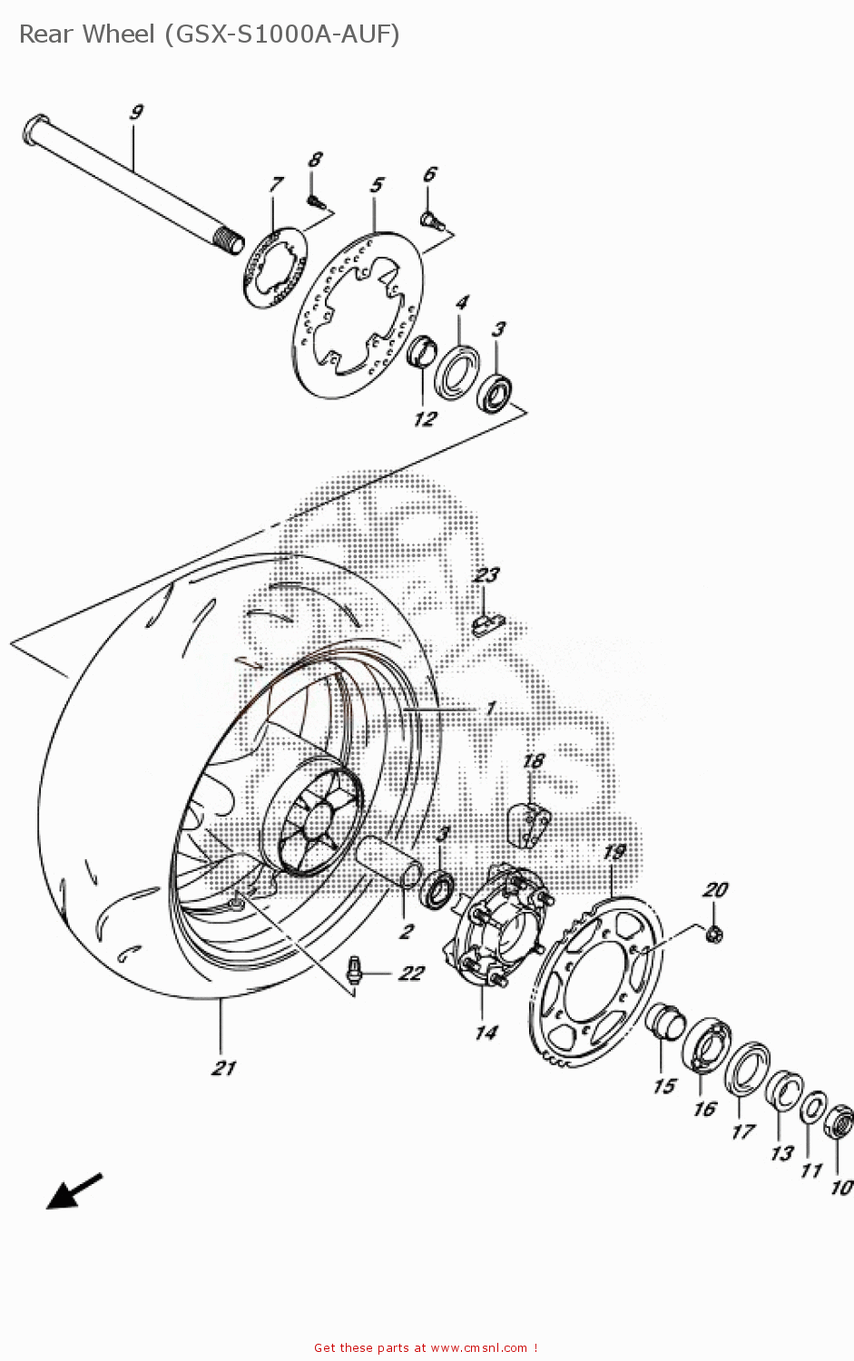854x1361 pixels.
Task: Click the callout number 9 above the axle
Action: point(136,113)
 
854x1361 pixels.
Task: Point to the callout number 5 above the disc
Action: point(377,185)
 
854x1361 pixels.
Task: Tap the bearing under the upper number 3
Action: point(496,392)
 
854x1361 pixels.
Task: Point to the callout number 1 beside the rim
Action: point(490,709)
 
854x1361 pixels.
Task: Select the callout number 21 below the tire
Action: point(223,1068)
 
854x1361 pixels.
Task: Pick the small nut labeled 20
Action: point(713,933)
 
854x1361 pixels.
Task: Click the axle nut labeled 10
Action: point(839,1123)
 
